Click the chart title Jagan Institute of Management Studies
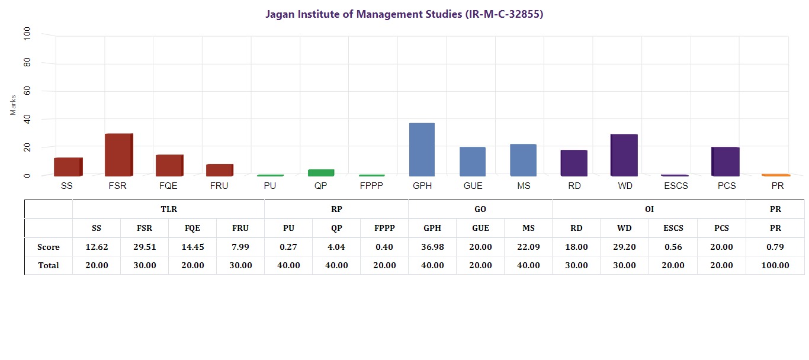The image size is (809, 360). pos(404,14)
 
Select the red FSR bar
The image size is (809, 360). pos(118,155)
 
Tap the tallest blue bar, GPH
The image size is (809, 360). pos(422,149)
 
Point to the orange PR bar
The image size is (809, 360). pos(776,175)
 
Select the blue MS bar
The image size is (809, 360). pos(523,160)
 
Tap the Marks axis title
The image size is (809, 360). pos(13,105)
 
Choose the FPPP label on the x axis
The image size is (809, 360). pos(371,186)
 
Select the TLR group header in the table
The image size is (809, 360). pos(169,209)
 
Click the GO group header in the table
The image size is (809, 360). pos(480,209)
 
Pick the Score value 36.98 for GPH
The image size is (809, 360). pos(432,247)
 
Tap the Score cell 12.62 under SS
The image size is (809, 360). pos(97,247)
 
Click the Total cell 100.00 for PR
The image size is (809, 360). pos(775,265)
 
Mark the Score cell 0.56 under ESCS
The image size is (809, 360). pos(673,247)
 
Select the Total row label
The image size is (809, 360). pos(49,265)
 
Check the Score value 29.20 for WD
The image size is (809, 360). pos(624,247)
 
